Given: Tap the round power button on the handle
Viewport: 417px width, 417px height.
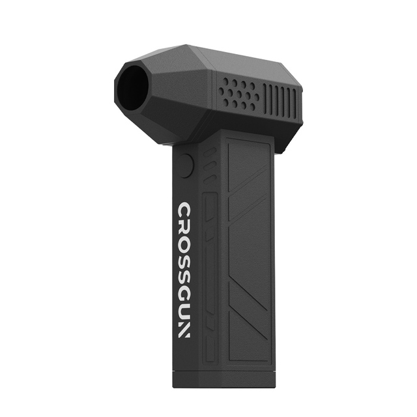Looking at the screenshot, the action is pyautogui.click(x=187, y=166).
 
